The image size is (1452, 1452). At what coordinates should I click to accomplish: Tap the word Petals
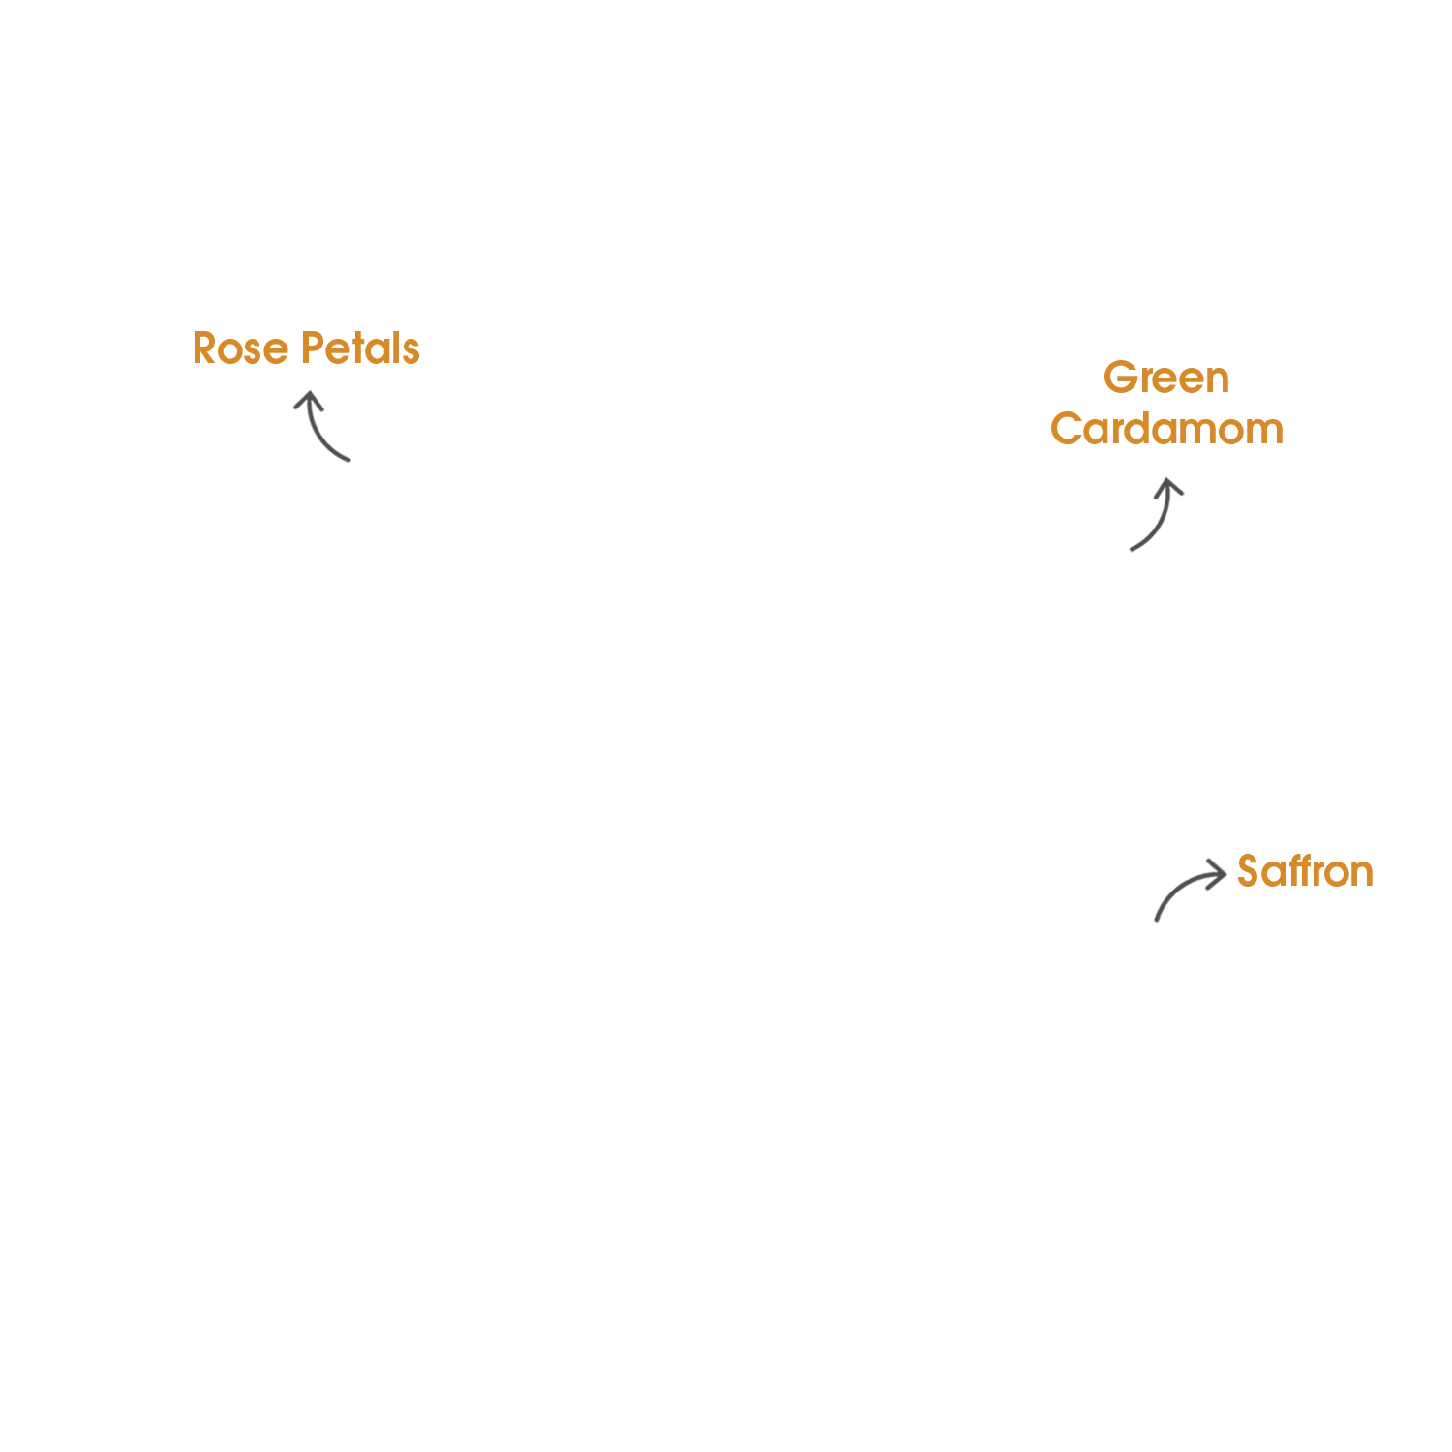[x=360, y=348]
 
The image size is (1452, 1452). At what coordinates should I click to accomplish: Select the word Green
[x=1166, y=378]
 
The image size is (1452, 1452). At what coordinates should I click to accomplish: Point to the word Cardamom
[x=1166, y=429]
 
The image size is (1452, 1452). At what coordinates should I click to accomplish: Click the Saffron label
[x=1305, y=871]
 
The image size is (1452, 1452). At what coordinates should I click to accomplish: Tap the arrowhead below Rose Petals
[x=308, y=399]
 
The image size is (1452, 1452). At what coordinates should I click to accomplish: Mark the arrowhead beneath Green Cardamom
[x=1168, y=485]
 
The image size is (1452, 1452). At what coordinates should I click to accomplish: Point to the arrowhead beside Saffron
[x=1218, y=872]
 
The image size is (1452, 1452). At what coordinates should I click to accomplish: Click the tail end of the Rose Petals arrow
[x=348, y=460]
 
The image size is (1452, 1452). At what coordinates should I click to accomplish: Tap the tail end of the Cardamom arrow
[x=1132, y=549]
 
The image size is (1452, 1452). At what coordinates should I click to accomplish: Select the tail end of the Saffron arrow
[x=1156, y=919]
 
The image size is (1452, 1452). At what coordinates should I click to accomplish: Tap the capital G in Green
[x=1120, y=378]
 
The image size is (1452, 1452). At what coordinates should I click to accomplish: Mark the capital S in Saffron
[x=1250, y=871]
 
